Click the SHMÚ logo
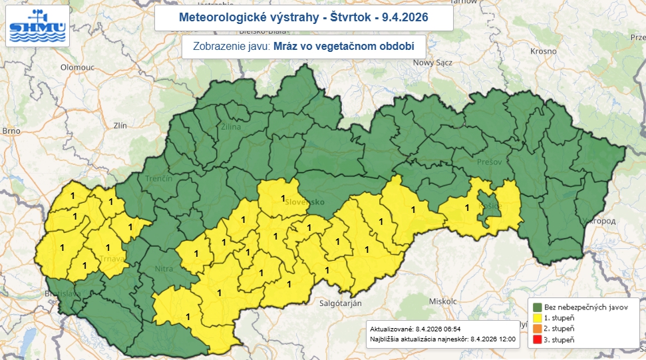click(x=37, y=26)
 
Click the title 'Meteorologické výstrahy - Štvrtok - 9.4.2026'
click(x=304, y=17)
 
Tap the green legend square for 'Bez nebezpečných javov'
click(x=538, y=307)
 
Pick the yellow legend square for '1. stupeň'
click(x=538, y=318)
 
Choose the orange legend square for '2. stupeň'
click(x=538, y=329)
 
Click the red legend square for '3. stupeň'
click(x=538, y=340)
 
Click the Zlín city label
click(x=120, y=124)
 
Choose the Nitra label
click(x=164, y=269)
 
